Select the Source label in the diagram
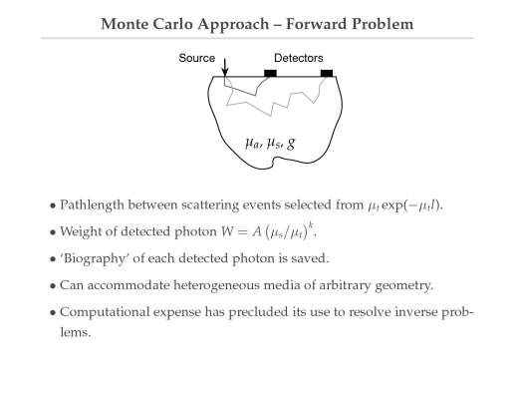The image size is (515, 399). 197,58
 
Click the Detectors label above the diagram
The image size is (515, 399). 299,58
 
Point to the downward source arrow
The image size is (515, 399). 225,67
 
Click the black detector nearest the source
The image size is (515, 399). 270,73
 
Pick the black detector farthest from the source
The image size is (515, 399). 327,73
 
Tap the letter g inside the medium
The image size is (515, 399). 291,144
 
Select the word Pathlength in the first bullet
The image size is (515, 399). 92,204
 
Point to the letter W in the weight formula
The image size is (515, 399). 228,231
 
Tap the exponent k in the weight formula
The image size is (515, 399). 311,226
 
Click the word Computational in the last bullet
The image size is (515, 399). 105,312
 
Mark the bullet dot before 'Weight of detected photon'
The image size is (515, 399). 53,232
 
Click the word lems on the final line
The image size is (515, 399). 75,332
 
